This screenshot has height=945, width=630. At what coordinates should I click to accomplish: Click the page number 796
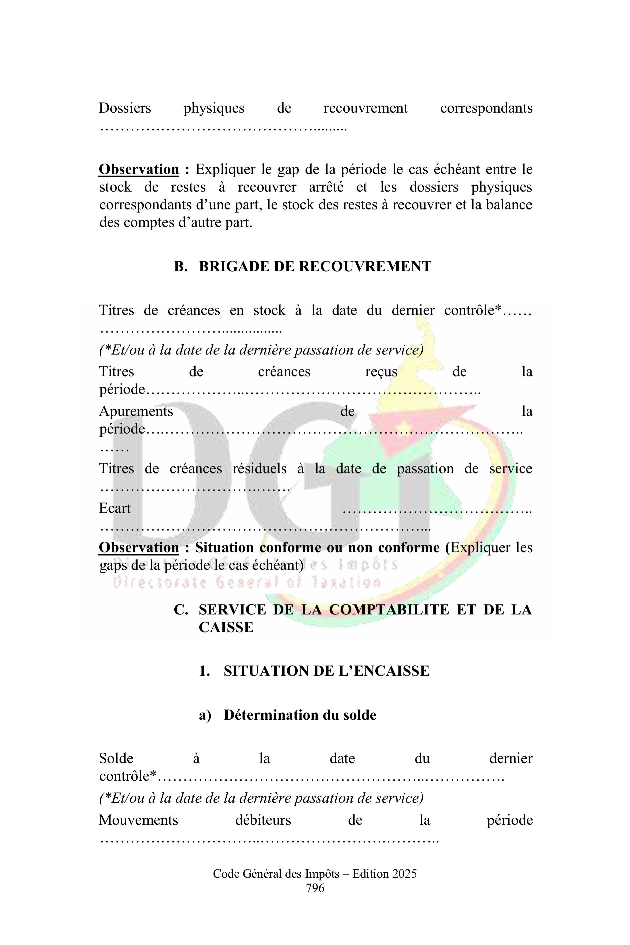coord(315,888)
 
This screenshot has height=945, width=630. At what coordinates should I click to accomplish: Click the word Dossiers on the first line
coord(125,108)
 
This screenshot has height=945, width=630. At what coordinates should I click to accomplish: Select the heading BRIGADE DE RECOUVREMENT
coord(315,267)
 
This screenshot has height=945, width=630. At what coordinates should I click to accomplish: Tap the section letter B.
coord(180,267)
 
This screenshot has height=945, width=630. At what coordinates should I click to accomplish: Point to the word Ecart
coord(115,508)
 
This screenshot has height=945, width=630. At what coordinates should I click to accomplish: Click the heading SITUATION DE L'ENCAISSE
coord(326,671)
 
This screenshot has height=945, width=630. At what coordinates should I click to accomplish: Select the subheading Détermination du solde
coord(300,715)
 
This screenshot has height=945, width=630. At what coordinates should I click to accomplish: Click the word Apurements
coord(136,411)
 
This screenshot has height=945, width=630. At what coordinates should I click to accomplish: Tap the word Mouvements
coord(138,820)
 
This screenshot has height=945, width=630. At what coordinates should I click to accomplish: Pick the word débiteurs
coord(263,820)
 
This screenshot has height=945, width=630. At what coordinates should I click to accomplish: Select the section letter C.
coord(181,610)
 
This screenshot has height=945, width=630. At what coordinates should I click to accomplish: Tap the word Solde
coord(116,758)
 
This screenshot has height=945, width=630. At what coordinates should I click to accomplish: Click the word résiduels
coord(260,469)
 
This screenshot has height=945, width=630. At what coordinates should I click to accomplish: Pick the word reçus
coord(381,372)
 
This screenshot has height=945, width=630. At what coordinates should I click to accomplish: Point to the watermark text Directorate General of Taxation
coord(247,582)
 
